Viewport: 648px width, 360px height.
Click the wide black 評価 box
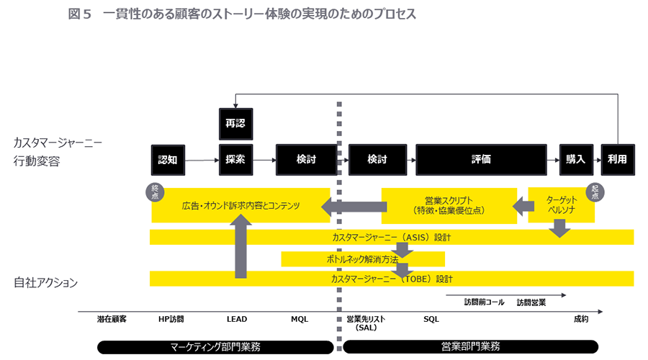point(481,160)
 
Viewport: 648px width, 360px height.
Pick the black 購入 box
point(575,160)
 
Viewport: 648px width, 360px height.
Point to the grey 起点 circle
point(595,192)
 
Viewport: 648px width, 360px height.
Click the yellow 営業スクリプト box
point(448,205)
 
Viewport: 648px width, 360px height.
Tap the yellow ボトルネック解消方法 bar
point(363,259)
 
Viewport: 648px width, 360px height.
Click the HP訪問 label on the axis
point(171,319)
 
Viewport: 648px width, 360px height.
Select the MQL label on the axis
point(300,319)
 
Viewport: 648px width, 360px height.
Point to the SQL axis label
point(431,319)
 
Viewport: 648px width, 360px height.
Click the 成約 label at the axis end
point(581,319)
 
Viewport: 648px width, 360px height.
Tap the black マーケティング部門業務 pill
point(215,346)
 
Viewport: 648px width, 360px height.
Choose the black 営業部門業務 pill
point(470,346)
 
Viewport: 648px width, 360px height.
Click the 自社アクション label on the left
point(45,283)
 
